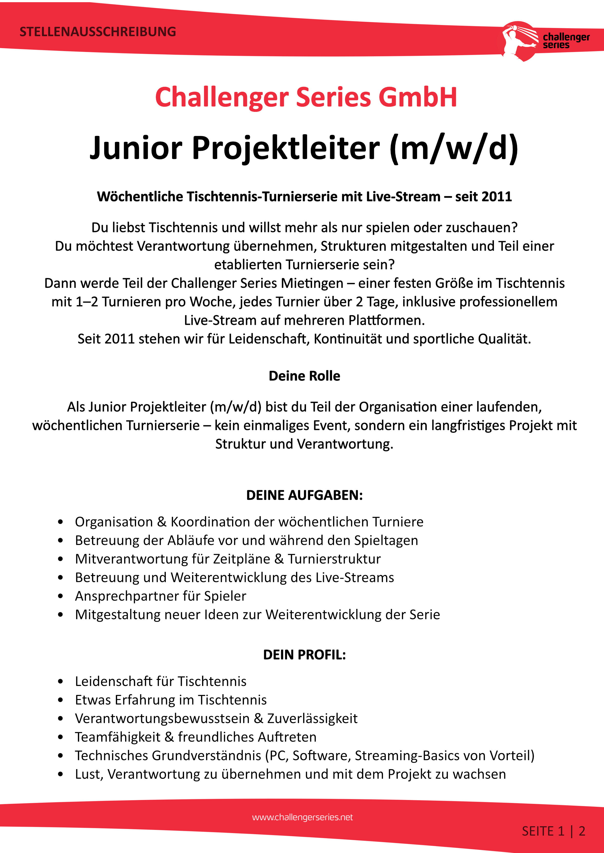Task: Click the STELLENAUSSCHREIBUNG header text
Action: tap(98, 32)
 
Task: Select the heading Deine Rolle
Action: tap(304, 376)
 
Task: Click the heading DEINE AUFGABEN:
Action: tap(304, 495)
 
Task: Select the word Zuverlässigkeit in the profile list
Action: tap(312, 719)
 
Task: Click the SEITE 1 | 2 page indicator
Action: tap(553, 831)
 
